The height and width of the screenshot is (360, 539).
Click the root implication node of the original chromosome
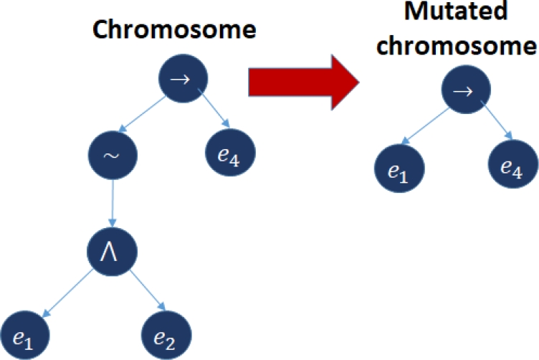pyautogui.click(x=183, y=77)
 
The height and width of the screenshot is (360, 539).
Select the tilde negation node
pyautogui.click(x=111, y=156)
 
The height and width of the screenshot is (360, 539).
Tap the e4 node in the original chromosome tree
pyautogui.click(x=231, y=154)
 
